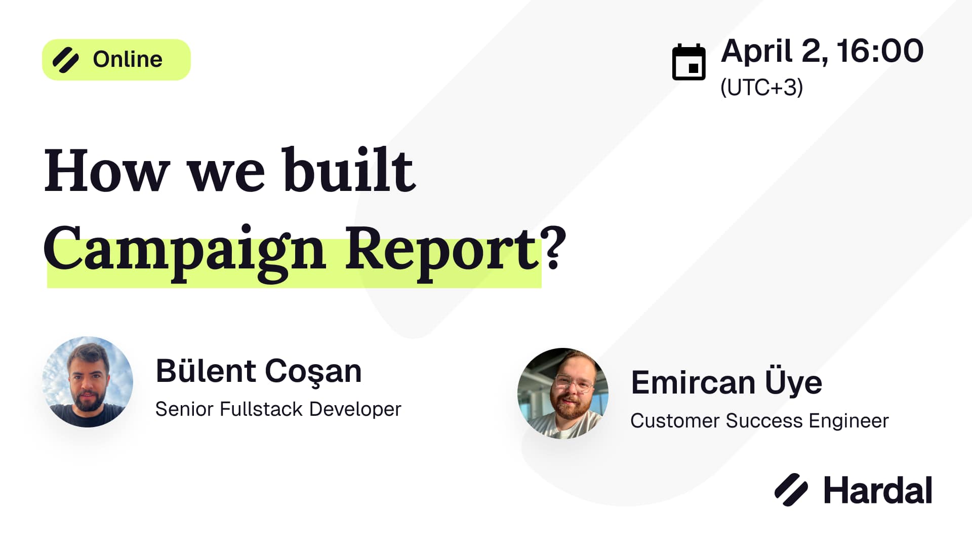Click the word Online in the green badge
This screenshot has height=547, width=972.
pyautogui.click(x=128, y=60)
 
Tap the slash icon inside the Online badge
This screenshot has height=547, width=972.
pyautogui.click(x=66, y=60)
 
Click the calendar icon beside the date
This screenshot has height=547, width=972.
pyautogui.click(x=688, y=62)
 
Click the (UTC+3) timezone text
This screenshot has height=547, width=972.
pyautogui.click(x=761, y=88)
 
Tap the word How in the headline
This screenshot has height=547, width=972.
pyautogui.click(x=107, y=171)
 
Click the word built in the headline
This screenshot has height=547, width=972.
pyautogui.click(x=349, y=170)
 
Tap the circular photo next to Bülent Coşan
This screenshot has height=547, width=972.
pyautogui.click(x=88, y=382)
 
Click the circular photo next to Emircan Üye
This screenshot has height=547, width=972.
pyautogui.click(x=563, y=393)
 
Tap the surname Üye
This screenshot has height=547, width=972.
pyautogui.click(x=793, y=383)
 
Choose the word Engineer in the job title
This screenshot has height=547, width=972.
pyautogui.click(x=848, y=421)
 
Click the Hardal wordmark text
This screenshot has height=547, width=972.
pyautogui.click(x=878, y=490)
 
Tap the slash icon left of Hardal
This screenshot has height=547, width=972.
pyautogui.click(x=791, y=490)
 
